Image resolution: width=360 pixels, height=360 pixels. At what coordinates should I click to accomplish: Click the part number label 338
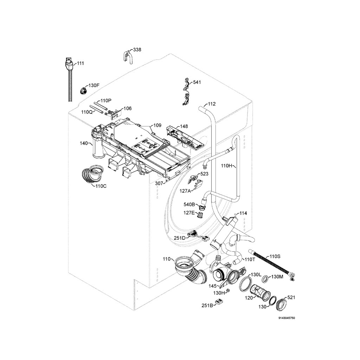point(137,50)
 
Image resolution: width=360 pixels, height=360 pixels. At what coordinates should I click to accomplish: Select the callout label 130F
point(94,85)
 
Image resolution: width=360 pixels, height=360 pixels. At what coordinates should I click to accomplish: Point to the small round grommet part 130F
point(84,90)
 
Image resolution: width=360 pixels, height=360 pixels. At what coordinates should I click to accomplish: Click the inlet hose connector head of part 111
point(69,64)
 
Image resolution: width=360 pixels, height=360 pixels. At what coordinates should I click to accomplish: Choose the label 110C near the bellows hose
point(101,186)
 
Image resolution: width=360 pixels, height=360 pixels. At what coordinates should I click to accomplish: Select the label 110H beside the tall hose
point(227,165)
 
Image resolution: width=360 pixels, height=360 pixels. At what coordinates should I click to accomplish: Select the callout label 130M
point(278,277)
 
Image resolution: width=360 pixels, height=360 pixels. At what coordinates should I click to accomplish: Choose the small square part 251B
point(220,302)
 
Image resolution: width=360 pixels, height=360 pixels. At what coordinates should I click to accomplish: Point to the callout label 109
point(157,125)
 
